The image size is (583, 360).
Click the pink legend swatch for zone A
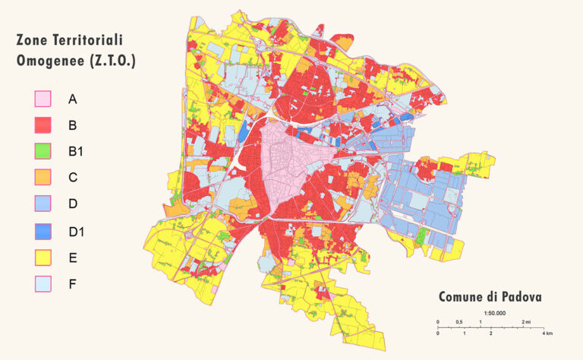[x=43, y=99]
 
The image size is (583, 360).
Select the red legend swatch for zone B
[x=43, y=125]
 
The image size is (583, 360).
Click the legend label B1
[x=76, y=152]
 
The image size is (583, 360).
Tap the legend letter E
[x=72, y=257]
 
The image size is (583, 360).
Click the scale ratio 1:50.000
[x=494, y=313]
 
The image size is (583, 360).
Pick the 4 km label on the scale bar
[x=547, y=333]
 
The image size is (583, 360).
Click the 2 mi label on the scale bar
[x=525, y=322]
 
